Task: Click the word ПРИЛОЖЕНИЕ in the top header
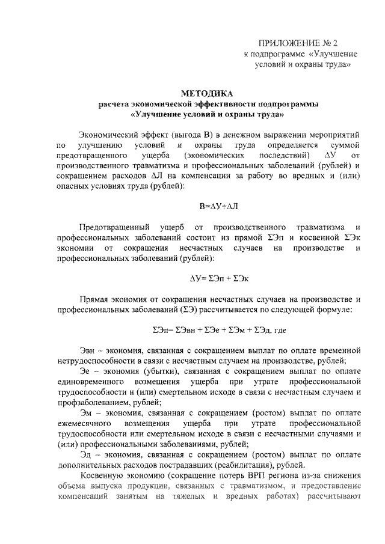click(287, 43)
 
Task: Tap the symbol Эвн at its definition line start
click(88, 350)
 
